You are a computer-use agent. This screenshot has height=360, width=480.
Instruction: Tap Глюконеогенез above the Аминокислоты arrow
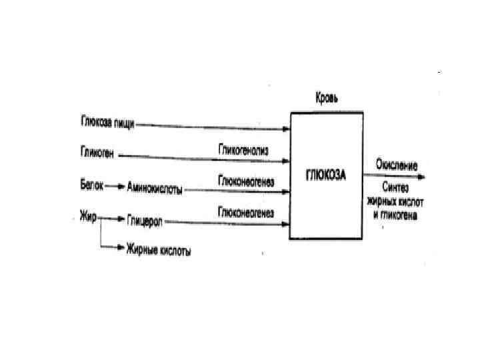tap(245, 181)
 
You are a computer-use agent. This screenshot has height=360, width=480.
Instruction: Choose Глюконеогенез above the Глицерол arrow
tap(245, 211)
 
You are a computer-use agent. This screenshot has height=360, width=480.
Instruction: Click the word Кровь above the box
tap(327, 99)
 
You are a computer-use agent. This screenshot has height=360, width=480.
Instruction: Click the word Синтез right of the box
tap(395, 188)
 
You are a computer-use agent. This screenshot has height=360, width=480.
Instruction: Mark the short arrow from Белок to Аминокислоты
tap(114, 187)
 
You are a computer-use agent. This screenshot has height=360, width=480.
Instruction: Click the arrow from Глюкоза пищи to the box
tap(213, 125)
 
